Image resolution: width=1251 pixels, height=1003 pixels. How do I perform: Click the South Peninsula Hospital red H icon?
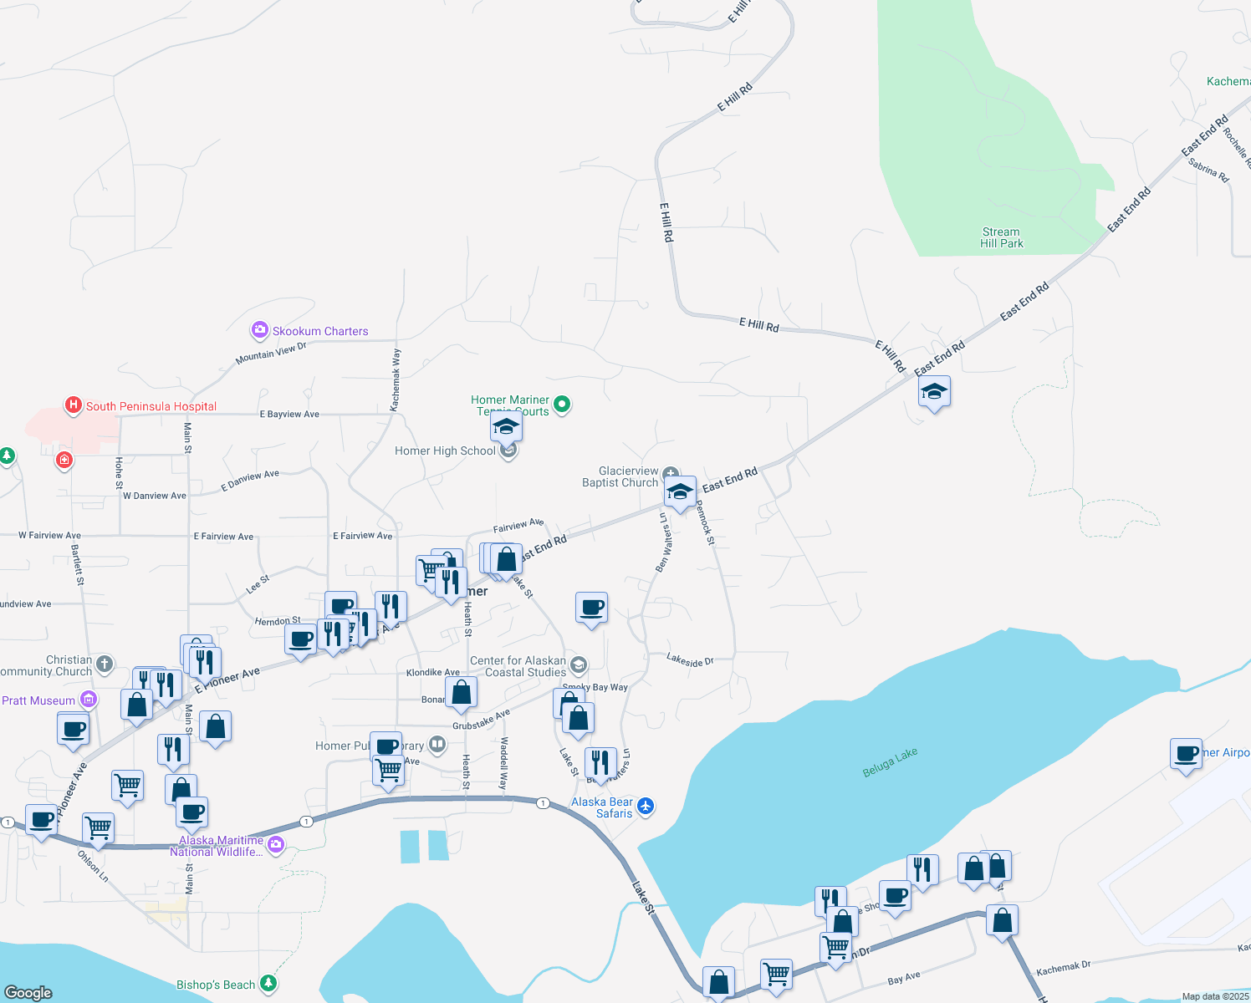tap(74, 406)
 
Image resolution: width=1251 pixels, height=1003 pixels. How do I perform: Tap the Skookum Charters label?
tap(320, 331)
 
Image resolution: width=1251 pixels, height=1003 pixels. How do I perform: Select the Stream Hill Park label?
tap(1002, 238)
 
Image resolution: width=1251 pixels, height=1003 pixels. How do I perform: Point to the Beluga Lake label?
tap(890, 762)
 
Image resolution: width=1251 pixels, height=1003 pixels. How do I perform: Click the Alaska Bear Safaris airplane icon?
tap(645, 807)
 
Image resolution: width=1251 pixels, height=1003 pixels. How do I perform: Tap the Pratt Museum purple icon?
tap(89, 700)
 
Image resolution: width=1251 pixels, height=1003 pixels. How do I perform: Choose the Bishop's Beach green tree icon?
tap(268, 984)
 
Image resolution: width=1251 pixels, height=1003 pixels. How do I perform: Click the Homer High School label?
tap(445, 451)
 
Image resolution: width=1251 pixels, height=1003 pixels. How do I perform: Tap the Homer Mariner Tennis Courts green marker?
tap(563, 405)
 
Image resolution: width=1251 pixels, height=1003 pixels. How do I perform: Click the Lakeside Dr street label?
tap(690, 660)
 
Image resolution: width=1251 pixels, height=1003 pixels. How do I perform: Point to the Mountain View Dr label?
tap(271, 354)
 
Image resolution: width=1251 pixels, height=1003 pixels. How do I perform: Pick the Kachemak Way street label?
tap(396, 379)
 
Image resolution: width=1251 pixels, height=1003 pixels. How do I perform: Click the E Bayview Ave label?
tap(289, 414)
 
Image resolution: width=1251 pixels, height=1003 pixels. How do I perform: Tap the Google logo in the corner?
tap(28, 992)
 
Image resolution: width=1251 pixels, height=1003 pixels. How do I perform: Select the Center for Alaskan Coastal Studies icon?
tap(579, 666)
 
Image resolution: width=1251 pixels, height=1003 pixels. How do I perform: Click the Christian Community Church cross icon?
tap(105, 664)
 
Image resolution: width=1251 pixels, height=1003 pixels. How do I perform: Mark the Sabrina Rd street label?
tap(1208, 170)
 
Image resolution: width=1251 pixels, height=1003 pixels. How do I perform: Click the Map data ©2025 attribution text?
tap(1215, 996)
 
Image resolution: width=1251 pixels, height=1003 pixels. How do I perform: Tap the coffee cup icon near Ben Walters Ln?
tap(591, 608)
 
